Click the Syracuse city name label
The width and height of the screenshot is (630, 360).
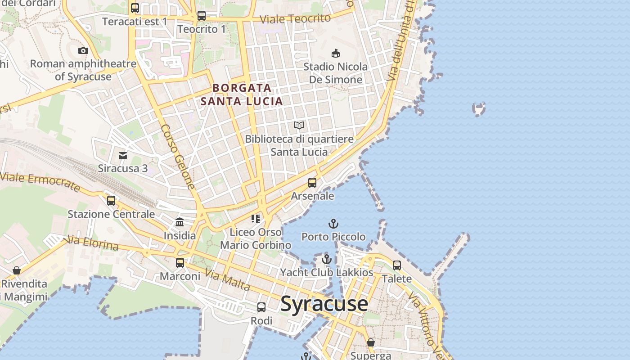pos(324,304)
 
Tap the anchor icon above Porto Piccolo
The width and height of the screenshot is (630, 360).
pos(333,224)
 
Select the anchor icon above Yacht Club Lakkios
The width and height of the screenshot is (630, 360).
pos(327,259)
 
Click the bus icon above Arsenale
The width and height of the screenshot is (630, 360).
pos(312,183)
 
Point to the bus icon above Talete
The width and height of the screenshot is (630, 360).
pos(396,265)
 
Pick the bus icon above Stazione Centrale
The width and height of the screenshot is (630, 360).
pos(111,201)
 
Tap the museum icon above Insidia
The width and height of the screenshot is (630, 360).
pos(180,222)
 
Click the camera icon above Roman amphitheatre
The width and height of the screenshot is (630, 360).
pos(83,50)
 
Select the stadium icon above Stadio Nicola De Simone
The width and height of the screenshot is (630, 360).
pos(335,54)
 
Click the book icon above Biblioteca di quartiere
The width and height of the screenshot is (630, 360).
pos(299,126)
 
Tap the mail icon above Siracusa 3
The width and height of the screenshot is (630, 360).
pos(123,156)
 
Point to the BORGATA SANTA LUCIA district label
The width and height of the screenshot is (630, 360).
pos(242,94)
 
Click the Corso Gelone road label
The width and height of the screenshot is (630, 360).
pos(178,157)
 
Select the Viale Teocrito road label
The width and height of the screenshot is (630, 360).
pos(295,18)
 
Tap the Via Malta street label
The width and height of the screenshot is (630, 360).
pos(227,279)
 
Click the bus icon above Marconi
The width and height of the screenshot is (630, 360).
pos(180,263)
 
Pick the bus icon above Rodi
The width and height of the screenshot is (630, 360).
pos(261,307)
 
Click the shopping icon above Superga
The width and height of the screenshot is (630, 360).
pos(370,343)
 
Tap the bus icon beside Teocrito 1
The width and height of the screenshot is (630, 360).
pos(202,16)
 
